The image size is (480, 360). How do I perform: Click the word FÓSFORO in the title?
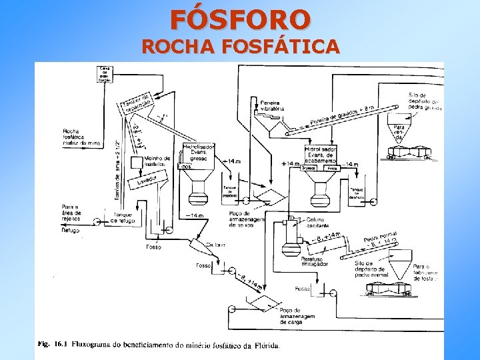[x=240, y=19]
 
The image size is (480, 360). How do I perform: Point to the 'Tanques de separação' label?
[x=136, y=100]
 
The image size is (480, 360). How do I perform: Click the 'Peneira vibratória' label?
[x=271, y=105]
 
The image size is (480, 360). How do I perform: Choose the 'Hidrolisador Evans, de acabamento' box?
[x=321, y=154]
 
